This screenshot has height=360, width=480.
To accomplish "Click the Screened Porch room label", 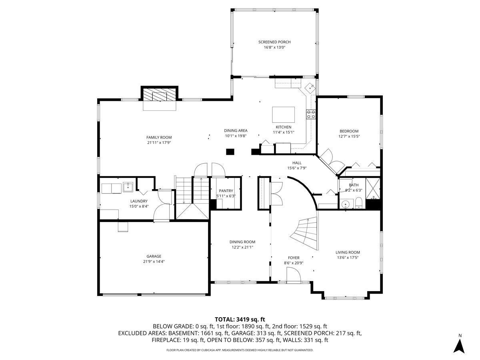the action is coord(274,42).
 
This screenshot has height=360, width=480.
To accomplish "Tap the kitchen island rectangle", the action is coord(283,114).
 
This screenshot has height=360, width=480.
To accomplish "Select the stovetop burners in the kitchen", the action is coord(311,114).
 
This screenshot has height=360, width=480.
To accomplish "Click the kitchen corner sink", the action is coord(310,88).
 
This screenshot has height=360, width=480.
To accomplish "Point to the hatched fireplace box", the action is coord(160,94).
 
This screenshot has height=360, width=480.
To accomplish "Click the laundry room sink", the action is coord(128,187).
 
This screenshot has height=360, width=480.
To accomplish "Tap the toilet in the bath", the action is coord(359,203).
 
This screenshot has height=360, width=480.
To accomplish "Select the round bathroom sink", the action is coord(346,204).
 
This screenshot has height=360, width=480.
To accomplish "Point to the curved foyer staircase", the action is coord(306,233).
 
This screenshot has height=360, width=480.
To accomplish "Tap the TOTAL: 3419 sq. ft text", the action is coord(240,320).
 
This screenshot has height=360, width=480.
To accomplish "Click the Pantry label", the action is coord(226,191).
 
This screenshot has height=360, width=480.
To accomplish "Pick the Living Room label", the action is coord(348,252).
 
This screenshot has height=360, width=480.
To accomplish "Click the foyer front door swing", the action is coord(294,276).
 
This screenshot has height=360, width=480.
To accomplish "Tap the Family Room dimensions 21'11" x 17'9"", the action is coord(159,143).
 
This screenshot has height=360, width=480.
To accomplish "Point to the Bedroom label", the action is coord(349,131).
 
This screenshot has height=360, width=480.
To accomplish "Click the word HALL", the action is coord(297,163).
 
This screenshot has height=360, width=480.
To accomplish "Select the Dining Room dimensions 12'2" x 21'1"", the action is coord(242,247).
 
